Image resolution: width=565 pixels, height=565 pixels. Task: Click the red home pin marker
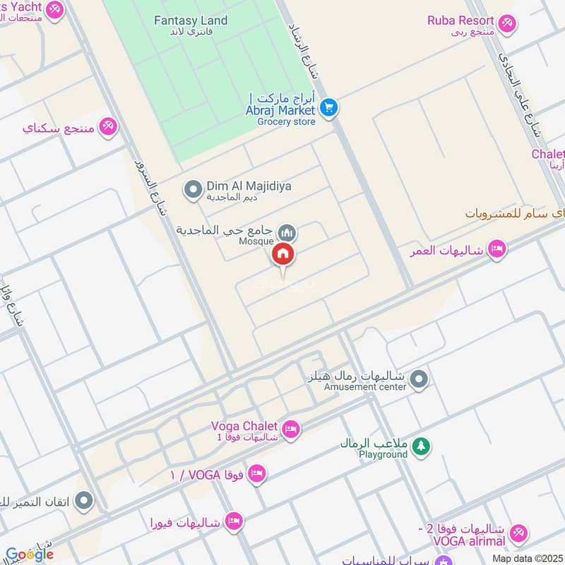click(283, 254)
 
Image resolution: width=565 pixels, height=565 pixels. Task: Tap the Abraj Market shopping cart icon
click(328, 107)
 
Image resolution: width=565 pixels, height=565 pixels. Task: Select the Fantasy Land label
click(191, 20)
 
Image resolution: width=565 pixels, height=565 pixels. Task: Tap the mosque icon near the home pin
click(287, 232)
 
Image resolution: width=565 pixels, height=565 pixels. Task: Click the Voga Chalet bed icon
click(290, 429)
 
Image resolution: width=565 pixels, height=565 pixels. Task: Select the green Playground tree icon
click(421, 447)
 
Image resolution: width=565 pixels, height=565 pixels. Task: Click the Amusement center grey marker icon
click(420, 381)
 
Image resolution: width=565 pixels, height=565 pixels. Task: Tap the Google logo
click(30, 554)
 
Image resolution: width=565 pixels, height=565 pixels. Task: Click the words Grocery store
click(285, 121)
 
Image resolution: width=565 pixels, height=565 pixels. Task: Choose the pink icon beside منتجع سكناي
click(108, 126)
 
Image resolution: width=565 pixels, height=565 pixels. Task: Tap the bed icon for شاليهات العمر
click(497, 249)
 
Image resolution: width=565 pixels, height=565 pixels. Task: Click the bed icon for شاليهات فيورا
click(233, 522)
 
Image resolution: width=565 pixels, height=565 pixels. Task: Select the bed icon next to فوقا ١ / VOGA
click(257, 473)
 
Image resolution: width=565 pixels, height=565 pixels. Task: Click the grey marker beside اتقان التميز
click(83, 501)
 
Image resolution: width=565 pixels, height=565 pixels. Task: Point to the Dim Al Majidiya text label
click(249, 186)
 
